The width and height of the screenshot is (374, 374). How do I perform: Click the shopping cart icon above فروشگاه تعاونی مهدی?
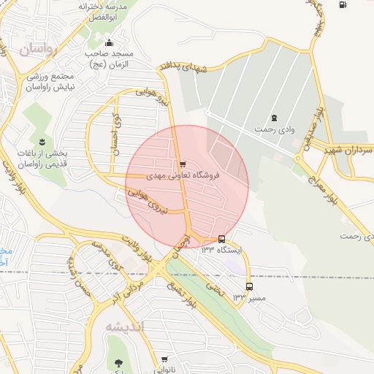coord(182,164)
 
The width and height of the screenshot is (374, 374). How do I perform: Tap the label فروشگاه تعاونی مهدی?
coord(183,175)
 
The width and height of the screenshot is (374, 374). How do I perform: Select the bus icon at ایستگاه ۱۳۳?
coord(221,239)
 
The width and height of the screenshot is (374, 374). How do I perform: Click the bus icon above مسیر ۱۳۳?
coord(250,287)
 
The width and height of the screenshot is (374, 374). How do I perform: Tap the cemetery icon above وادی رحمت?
coord(274,118)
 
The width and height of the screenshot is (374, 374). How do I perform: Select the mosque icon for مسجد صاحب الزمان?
coord(110,42)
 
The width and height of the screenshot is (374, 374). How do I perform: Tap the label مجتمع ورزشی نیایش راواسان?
coord(52,81)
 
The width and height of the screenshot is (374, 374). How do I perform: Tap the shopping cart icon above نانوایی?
coord(164,359)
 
